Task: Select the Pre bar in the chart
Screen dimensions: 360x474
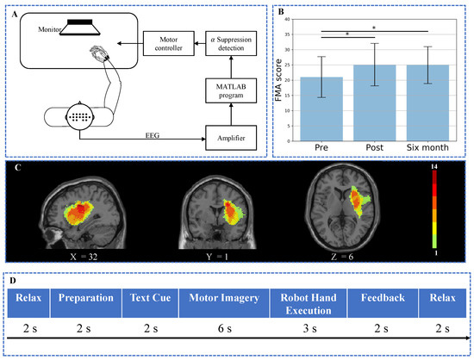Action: [x=321, y=112]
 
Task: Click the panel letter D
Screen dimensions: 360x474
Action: [x=11, y=279]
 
